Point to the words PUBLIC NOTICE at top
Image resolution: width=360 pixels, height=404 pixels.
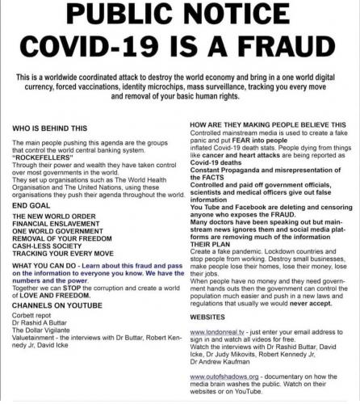[179, 17]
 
